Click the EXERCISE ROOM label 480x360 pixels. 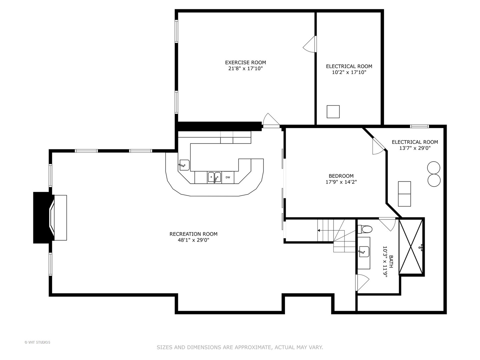245,62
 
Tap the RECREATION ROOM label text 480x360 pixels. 193,234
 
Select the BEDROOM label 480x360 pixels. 341,176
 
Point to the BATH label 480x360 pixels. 391,262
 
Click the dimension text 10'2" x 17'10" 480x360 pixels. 349,72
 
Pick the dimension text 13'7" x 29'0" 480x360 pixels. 415,148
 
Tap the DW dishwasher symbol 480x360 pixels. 228,177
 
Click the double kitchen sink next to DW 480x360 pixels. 214,177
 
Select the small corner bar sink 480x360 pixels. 184,165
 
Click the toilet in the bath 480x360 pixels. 365,229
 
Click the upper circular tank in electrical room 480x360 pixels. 434,167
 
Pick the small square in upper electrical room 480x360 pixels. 333,112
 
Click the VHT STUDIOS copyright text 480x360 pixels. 37,342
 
